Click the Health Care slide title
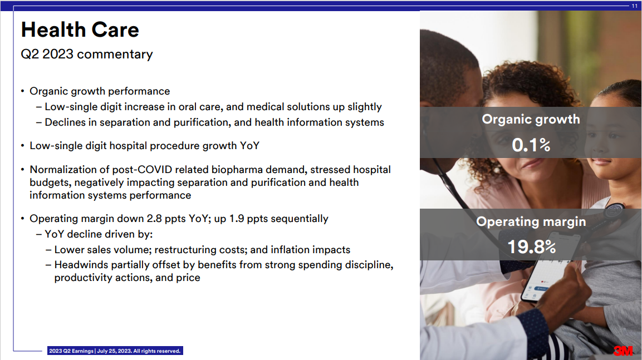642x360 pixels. pos(80,30)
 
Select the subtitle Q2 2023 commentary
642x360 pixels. pos(87,54)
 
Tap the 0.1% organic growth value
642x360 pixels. pos(531,145)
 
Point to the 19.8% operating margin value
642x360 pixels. pos(531,246)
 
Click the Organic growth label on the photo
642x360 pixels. pos(531,119)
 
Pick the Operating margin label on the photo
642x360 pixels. pos(531,221)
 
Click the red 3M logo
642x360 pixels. pos(623,351)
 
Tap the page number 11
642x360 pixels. pos(634,6)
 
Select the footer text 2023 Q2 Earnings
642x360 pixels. pos(71,351)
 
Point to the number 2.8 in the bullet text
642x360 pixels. pos(154,219)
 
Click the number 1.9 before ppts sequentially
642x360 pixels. pos(237,219)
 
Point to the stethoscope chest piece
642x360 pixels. pos(614,211)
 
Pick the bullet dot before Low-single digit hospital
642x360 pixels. pos(22,146)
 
